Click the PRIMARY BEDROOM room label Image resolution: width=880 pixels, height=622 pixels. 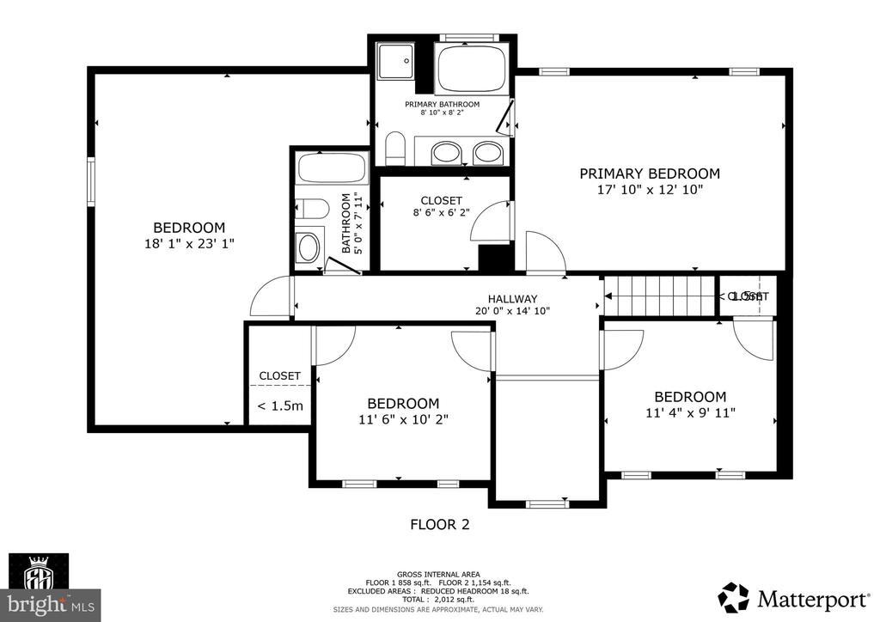(x=649, y=174)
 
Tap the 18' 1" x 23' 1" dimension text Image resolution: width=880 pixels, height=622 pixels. (x=189, y=244)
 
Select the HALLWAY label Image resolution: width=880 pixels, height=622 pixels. (x=512, y=298)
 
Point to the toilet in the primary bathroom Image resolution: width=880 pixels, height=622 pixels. (x=394, y=149)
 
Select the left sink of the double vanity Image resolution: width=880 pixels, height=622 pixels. (x=445, y=154)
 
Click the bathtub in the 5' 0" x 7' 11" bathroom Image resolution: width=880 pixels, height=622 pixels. (x=331, y=168)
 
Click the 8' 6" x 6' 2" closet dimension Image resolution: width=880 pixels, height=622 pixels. (x=442, y=214)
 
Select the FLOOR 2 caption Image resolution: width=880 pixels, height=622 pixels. (x=439, y=524)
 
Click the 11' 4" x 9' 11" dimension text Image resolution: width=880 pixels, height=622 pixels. (x=690, y=412)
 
